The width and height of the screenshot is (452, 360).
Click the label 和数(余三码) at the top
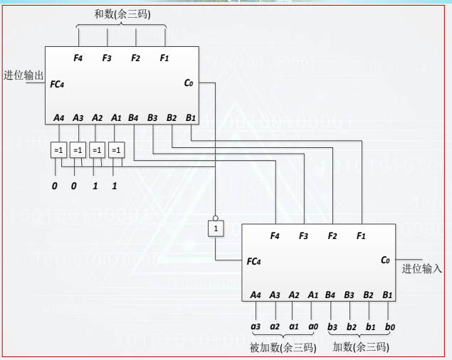pyautogui.click(x=122, y=14)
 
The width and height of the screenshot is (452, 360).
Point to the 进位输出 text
pyautogui.click(x=23, y=75)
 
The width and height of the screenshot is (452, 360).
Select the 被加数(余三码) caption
pyautogui.click(x=283, y=347)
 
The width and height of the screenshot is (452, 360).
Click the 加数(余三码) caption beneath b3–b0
pyautogui.click(x=361, y=347)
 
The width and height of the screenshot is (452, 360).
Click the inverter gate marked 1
pyautogui.click(x=214, y=228)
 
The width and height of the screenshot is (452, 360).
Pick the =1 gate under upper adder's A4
pyautogui.click(x=58, y=150)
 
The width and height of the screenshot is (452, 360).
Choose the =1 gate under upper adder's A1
pyautogui.click(x=117, y=150)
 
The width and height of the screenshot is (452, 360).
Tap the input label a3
pyautogui.click(x=256, y=327)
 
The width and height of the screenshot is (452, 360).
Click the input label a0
pyautogui.click(x=312, y=327)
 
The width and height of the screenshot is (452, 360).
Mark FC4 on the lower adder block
pyautogui.click(x=255, y=261)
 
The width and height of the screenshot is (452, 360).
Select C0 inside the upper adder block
pyautogui.click(x=188, y=83)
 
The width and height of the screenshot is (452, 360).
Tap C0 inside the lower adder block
pyautogui.click(x=385, y=260)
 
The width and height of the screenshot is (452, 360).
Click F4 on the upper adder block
pyautogui.click(x=78, y=58)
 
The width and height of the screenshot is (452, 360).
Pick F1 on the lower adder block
pyautogui.click(x=361, y=235)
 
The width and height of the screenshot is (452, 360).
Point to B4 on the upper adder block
pyautogui.click(x=133, y=117)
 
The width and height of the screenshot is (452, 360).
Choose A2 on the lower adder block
pyautogui.click(x=293, y=294)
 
